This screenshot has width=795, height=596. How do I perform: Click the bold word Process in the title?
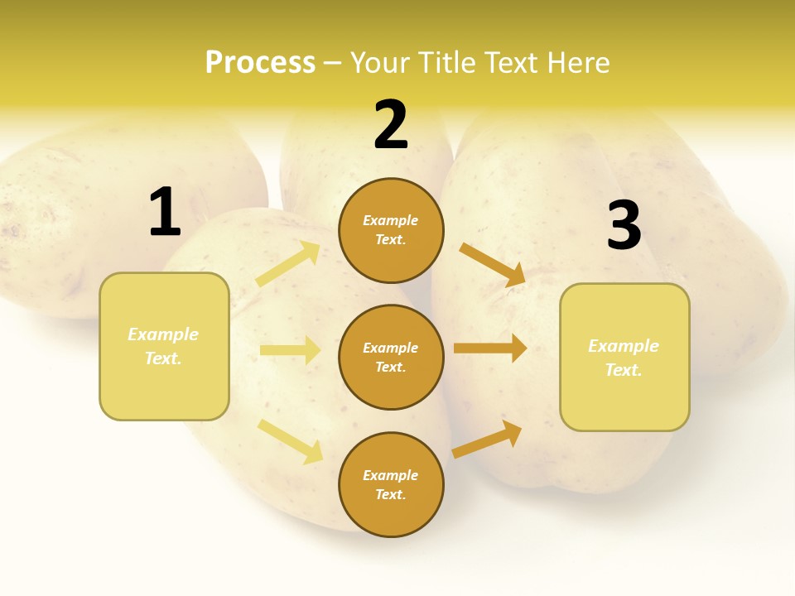coord(260,62)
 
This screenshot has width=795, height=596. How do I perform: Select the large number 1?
coord(164,213)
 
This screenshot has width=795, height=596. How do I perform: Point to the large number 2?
coord(391,125)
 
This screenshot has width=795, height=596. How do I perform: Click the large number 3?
coord(624,226)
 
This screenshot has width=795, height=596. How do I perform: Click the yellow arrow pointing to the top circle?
coord(288,264)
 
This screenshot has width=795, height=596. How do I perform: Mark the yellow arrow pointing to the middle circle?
coord(290,350)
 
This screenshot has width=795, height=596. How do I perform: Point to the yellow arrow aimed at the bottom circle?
coord(290,440)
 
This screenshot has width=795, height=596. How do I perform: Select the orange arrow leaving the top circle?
coord(492,264)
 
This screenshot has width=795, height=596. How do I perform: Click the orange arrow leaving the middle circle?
coord(489,348)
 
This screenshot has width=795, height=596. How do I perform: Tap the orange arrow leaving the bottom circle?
coord(487,439)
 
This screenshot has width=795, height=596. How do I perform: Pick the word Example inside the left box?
coord(163,334)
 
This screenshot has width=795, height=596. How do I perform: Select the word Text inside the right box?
coord(623,370)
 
